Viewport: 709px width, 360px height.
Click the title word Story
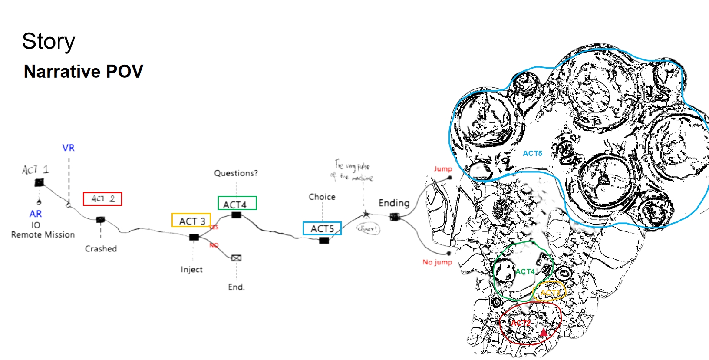pyautogui.click(x=49, y=42)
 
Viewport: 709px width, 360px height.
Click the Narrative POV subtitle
pyautogui.click(x=83, y=72)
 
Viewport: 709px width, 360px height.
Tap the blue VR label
pyautogui.click(x=68, y=148)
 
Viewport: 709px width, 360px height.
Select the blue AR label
pyautogui.click(x=36, y=214)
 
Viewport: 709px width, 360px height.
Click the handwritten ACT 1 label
pyautogui.click(x=36, y=169)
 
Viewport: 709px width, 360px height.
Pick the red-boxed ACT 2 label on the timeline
pyautogui.click(x=102, y=199)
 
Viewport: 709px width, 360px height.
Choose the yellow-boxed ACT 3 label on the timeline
pyautogui.click(x=191, y=221)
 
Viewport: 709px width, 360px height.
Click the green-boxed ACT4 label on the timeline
pyautogui.click(x=237, y=204)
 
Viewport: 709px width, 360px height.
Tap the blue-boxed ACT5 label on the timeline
pyautogui.click(x=322, y=228)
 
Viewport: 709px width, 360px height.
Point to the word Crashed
pyautogui.click(x=101, y=249)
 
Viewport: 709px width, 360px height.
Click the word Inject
pyautogui.click(x=191, y=270)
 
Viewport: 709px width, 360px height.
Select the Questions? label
pyautogui.click(x=236, y=173)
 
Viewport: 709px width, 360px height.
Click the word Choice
pyautogui.click(x=322, y=197)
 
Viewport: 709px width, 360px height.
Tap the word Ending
pyautogui.click(x=394, y=203)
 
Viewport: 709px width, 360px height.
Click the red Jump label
pyautogui.click(x=442, y=169)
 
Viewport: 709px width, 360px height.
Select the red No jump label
pyautogui.click(x=437, y=262)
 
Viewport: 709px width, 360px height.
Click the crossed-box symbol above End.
pyautogui.click(x=236, y=258)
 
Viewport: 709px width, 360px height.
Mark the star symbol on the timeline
pyautogui.click(x=366, y=214)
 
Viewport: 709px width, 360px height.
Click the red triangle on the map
pyautogui.click(x=543, y=332)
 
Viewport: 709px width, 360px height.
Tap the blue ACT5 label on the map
pyautogui.click(x=532, y=153)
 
